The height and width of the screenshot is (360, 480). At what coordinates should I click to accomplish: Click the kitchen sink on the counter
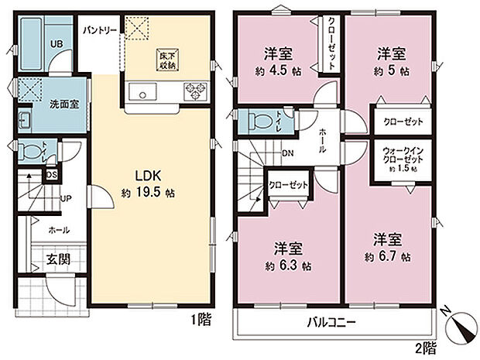[x=142, y=95]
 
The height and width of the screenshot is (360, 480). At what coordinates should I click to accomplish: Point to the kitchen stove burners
[x=194, y=94]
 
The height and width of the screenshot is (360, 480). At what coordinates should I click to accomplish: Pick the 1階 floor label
[x=199, y=317]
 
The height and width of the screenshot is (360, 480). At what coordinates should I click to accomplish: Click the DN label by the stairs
[x=287, y=153]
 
